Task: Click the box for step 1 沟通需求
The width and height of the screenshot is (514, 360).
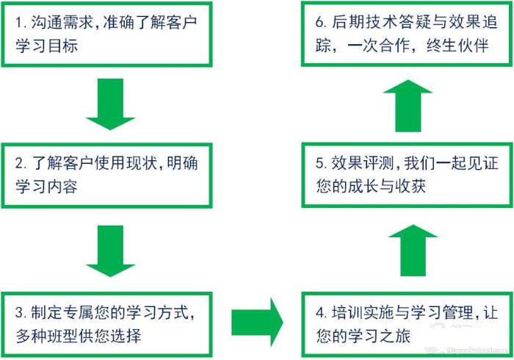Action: tap(109, 35)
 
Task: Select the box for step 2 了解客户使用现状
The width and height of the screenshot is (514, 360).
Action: tap(109, 174)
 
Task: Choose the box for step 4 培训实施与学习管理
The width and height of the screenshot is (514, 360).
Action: tap(405, 321)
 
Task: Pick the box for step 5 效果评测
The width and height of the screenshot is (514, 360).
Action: tap(405, 174)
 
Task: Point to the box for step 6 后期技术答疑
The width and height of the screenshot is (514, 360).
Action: tap(405, 35)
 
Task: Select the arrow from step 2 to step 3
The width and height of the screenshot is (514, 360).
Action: tap(110, 250)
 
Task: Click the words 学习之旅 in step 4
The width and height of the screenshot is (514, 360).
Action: tap(390, 336)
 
